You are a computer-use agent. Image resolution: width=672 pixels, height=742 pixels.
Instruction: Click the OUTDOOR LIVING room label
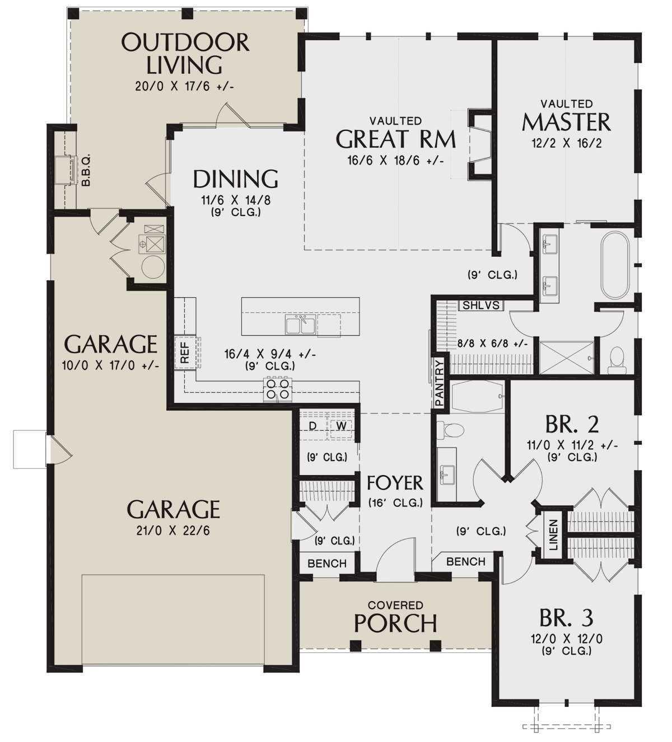tap(184, 54)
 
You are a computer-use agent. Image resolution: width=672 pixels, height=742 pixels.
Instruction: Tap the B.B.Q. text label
tap(86, 171)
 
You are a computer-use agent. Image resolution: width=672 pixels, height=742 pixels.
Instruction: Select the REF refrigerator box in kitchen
tap(185, 353)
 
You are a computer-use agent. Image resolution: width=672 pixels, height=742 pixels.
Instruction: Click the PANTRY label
tap(440, 383)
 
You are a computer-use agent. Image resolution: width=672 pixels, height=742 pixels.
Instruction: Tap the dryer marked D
tap(313, 426)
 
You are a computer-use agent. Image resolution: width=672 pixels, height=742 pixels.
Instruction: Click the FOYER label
tap(395, 482)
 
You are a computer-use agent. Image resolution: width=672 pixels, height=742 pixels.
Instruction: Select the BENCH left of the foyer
tap(327, 563)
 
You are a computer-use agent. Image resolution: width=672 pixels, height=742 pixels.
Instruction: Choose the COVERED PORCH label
tap(395, 616)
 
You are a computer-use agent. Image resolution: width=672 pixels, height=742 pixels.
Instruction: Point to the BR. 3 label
tap(566, 618)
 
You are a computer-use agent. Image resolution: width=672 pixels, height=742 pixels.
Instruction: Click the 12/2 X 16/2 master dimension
tap(566, 143)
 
